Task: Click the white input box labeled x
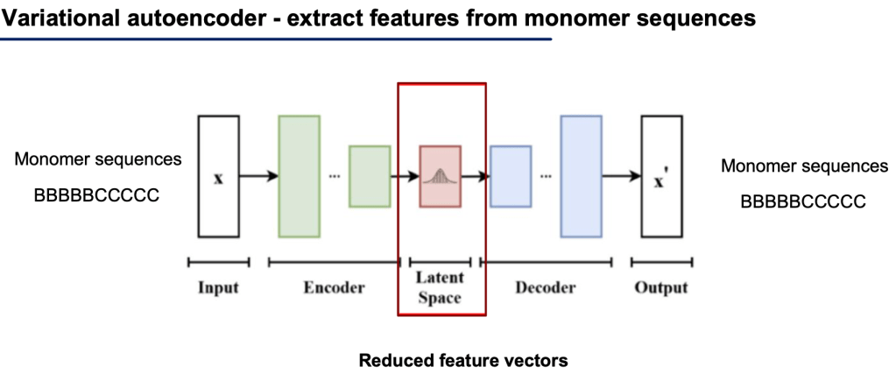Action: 219,176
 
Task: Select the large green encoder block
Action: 299,176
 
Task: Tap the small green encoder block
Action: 369,176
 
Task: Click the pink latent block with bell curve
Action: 440,176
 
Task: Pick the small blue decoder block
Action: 511,176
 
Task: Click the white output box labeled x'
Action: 661,176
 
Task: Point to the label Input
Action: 218,287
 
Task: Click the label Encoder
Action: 334,287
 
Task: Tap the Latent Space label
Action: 440,287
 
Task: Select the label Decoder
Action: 545,287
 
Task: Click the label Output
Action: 661,287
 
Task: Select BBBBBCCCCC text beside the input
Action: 96,195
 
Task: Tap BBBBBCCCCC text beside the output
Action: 803,201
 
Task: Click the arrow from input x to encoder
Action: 258,176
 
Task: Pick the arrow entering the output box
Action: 621,176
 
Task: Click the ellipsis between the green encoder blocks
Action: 334,176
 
